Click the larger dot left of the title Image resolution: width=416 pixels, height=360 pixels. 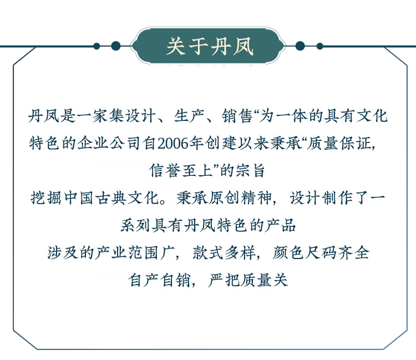pyautogui.click(x=115, y=46)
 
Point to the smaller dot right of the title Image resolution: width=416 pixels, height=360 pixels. pyautogui.click(x=319, y=46)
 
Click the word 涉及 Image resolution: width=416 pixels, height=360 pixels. pyautogui.click(x=61, y=252)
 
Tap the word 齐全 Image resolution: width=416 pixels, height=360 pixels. pyautogui.click(x=356, y=252)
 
